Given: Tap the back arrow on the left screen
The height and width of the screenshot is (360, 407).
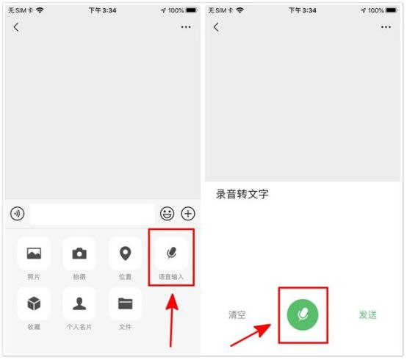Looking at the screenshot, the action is click(x=16, y=27).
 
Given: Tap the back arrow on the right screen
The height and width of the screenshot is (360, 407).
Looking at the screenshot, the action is click(x=216, y=27).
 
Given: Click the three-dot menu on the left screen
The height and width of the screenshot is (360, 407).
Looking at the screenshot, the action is click(x=186, y=27).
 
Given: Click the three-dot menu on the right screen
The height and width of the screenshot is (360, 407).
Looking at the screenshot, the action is click(x=386, y=27).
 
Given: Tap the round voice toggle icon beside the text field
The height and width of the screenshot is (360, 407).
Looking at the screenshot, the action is click(x=17, y=214).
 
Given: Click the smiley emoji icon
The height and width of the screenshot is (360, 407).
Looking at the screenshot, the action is click(x=167, y=214).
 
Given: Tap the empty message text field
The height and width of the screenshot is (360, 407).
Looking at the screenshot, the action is click(x=92, y=214).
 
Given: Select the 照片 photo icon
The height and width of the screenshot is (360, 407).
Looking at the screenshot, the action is click(x=34, y=253).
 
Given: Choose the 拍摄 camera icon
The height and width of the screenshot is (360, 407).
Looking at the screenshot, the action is click(x=79, y=253).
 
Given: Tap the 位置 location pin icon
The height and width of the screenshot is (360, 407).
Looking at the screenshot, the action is click(x=125, y=253).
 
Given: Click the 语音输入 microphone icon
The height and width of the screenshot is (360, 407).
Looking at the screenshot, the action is click(x=171, y=253).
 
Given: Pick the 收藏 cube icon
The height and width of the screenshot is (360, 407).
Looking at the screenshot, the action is click(x=34, y=303).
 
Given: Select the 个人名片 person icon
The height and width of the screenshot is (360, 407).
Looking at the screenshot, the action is click(x=79, y=303).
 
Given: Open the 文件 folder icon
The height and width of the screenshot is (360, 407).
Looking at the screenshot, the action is click(x=125, y=303).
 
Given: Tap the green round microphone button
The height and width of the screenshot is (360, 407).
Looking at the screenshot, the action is click(x=303, y=314).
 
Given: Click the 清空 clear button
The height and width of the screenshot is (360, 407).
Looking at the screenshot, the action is click(x=237, y=314).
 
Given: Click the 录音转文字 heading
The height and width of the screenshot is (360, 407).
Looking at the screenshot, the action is click(x=242, y=194).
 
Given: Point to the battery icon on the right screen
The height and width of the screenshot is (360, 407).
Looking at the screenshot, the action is click(x=392, y=10).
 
